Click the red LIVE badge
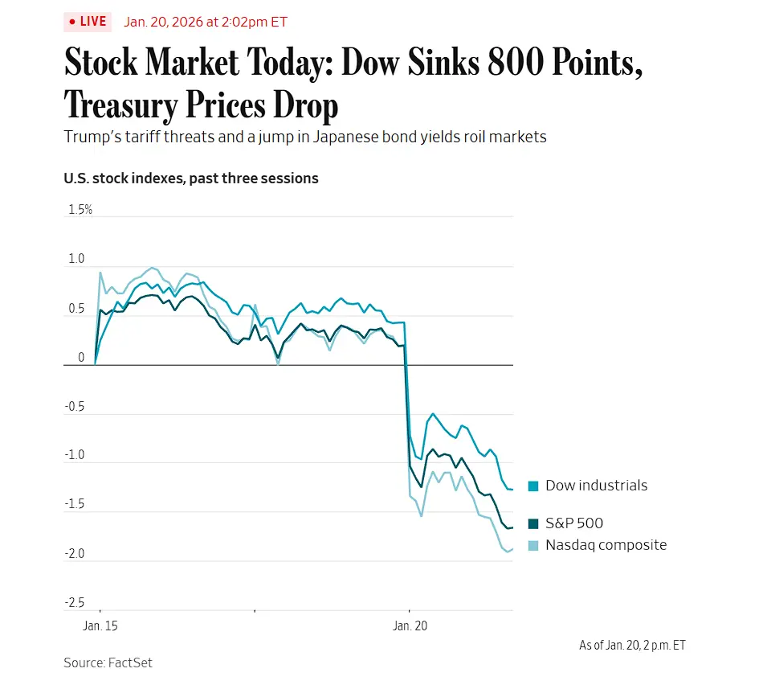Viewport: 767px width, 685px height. pyautogui.click(x=87, y=22)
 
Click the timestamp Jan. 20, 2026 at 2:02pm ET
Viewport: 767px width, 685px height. pyautogui.click(x=206, y=22)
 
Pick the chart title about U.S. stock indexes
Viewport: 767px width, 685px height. pyautogui.click(x=191, y=178)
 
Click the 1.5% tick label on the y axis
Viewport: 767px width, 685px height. pyautogui.click(x=80, y=210)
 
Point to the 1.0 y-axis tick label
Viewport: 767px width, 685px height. pyautogui.click(x=76, y=259)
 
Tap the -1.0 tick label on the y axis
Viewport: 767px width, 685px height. pyautogui.click(x=75, y=456)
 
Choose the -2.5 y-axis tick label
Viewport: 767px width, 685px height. pyautogui.click(x=75, y=603)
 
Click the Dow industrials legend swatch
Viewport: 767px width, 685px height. pyautogui.click(x=533, y=486)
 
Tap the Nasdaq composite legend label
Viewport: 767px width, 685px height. pyautogui.click(x=606, y=545)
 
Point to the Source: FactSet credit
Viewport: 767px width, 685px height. pyautogui.click(x=108, y=662)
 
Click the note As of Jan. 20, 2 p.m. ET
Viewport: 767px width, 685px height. pyautogui.click(x=632, y=645)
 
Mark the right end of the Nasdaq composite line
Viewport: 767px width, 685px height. pyautogui.click(x=512, y=549)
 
